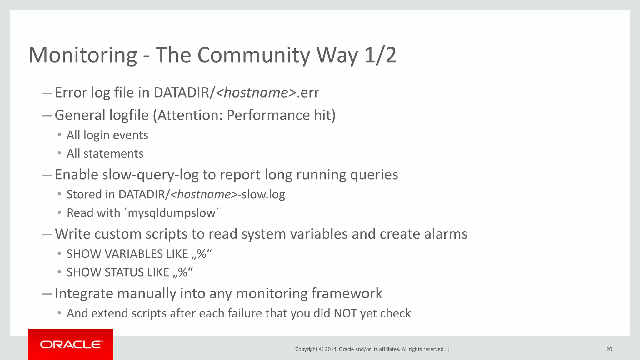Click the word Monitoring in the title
pyautogui.click(x=83, y=55)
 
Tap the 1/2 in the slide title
pyautogui.click(x=380, y=55)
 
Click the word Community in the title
pyautogui.click(x=254, y=55)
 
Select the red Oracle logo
pyautogui.click(x=71, y=344)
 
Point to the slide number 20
pyautogui.click(x=609, y=349)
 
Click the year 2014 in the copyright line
pyautogui.click(x=331, y=349)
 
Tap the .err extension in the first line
pyautogui.click(x=308, y=93)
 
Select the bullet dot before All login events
pyautogui.click(x=59, y=135)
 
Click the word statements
pyautogui.click(x=113, y=154)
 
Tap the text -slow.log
pyautogui.click(x=262, y=195)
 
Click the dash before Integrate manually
pyautogui.click(x=47, y=294)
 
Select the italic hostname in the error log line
pyautogui.click(x=256, y=93)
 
